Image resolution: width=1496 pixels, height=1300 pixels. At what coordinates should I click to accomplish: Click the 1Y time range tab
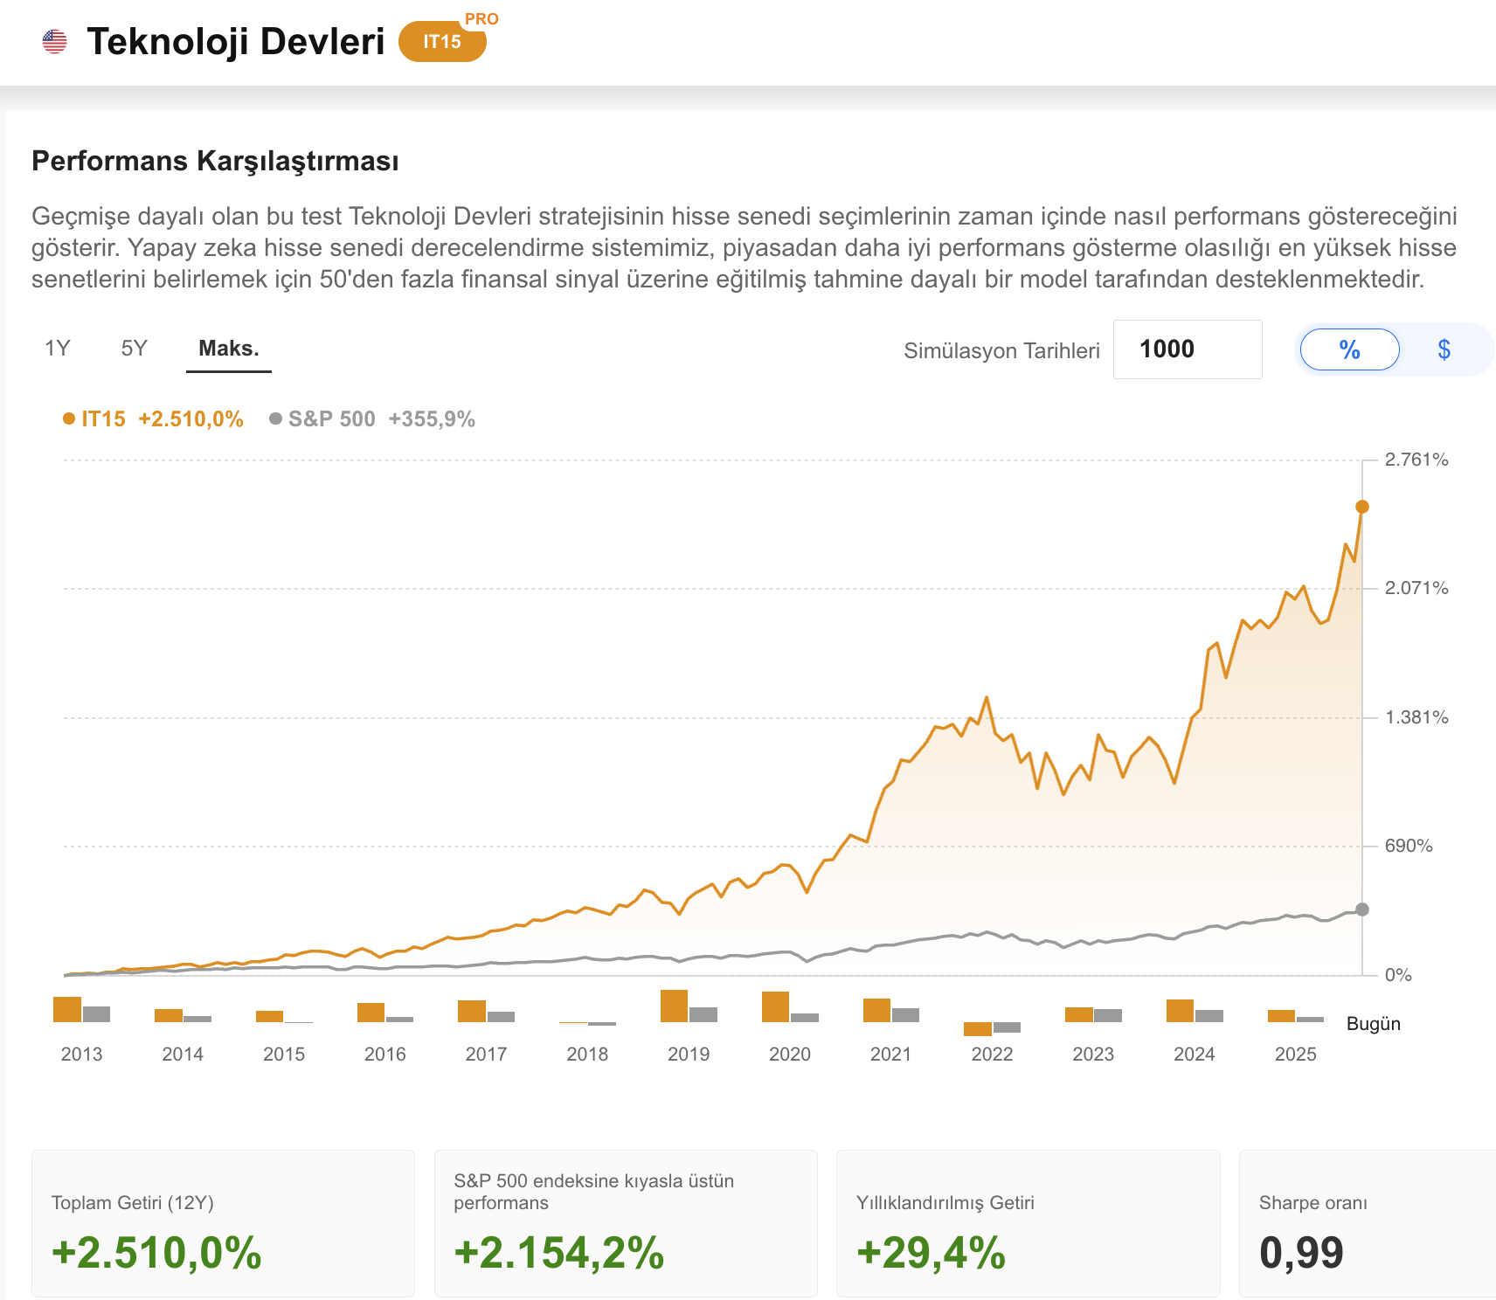point(58,349)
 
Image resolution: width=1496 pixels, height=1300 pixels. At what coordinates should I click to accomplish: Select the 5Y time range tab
point(134,349)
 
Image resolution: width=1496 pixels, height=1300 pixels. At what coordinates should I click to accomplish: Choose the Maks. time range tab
point(229,349)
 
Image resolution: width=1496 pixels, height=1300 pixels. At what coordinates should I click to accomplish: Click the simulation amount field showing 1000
point(1188,349)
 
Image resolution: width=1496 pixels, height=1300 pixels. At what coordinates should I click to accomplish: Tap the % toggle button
point(1350,349)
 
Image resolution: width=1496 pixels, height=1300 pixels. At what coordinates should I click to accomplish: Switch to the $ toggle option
point(1444,349)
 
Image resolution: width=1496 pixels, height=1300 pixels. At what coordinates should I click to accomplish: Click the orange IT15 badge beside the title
point(442,42)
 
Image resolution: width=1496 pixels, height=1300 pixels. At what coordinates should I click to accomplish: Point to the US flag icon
point(54,41)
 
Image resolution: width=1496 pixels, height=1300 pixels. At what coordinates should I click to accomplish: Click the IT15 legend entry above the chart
point(153,419)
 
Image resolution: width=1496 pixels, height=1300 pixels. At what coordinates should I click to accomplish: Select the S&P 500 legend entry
point(372,419)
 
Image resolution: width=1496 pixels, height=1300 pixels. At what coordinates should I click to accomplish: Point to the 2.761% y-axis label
point(1416,460)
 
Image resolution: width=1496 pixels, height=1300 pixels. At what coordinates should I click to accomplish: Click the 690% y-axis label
point(1409,846)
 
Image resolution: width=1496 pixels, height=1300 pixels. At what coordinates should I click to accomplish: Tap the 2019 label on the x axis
point(689,1055)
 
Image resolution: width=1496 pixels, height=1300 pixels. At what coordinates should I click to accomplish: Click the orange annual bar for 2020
point(775,1006)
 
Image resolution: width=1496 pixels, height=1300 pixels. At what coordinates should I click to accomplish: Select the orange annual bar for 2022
point(978,1029)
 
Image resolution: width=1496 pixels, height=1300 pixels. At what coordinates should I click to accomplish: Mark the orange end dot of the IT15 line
point(1362,507)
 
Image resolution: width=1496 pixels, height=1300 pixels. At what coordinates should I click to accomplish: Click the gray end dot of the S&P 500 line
point(1362,909)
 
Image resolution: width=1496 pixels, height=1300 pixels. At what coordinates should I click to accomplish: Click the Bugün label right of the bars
point(1374,1024)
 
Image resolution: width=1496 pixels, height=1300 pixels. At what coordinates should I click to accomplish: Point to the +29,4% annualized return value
point(932,1252)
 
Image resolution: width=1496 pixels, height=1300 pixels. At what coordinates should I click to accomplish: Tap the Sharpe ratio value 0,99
point(1301,1252)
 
